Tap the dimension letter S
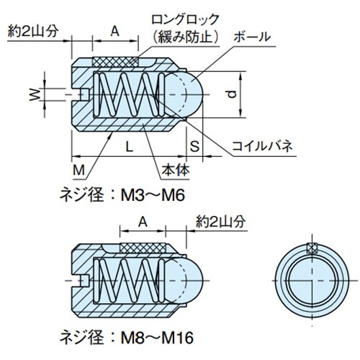point(194,146)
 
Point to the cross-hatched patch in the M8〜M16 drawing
point(145,246)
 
